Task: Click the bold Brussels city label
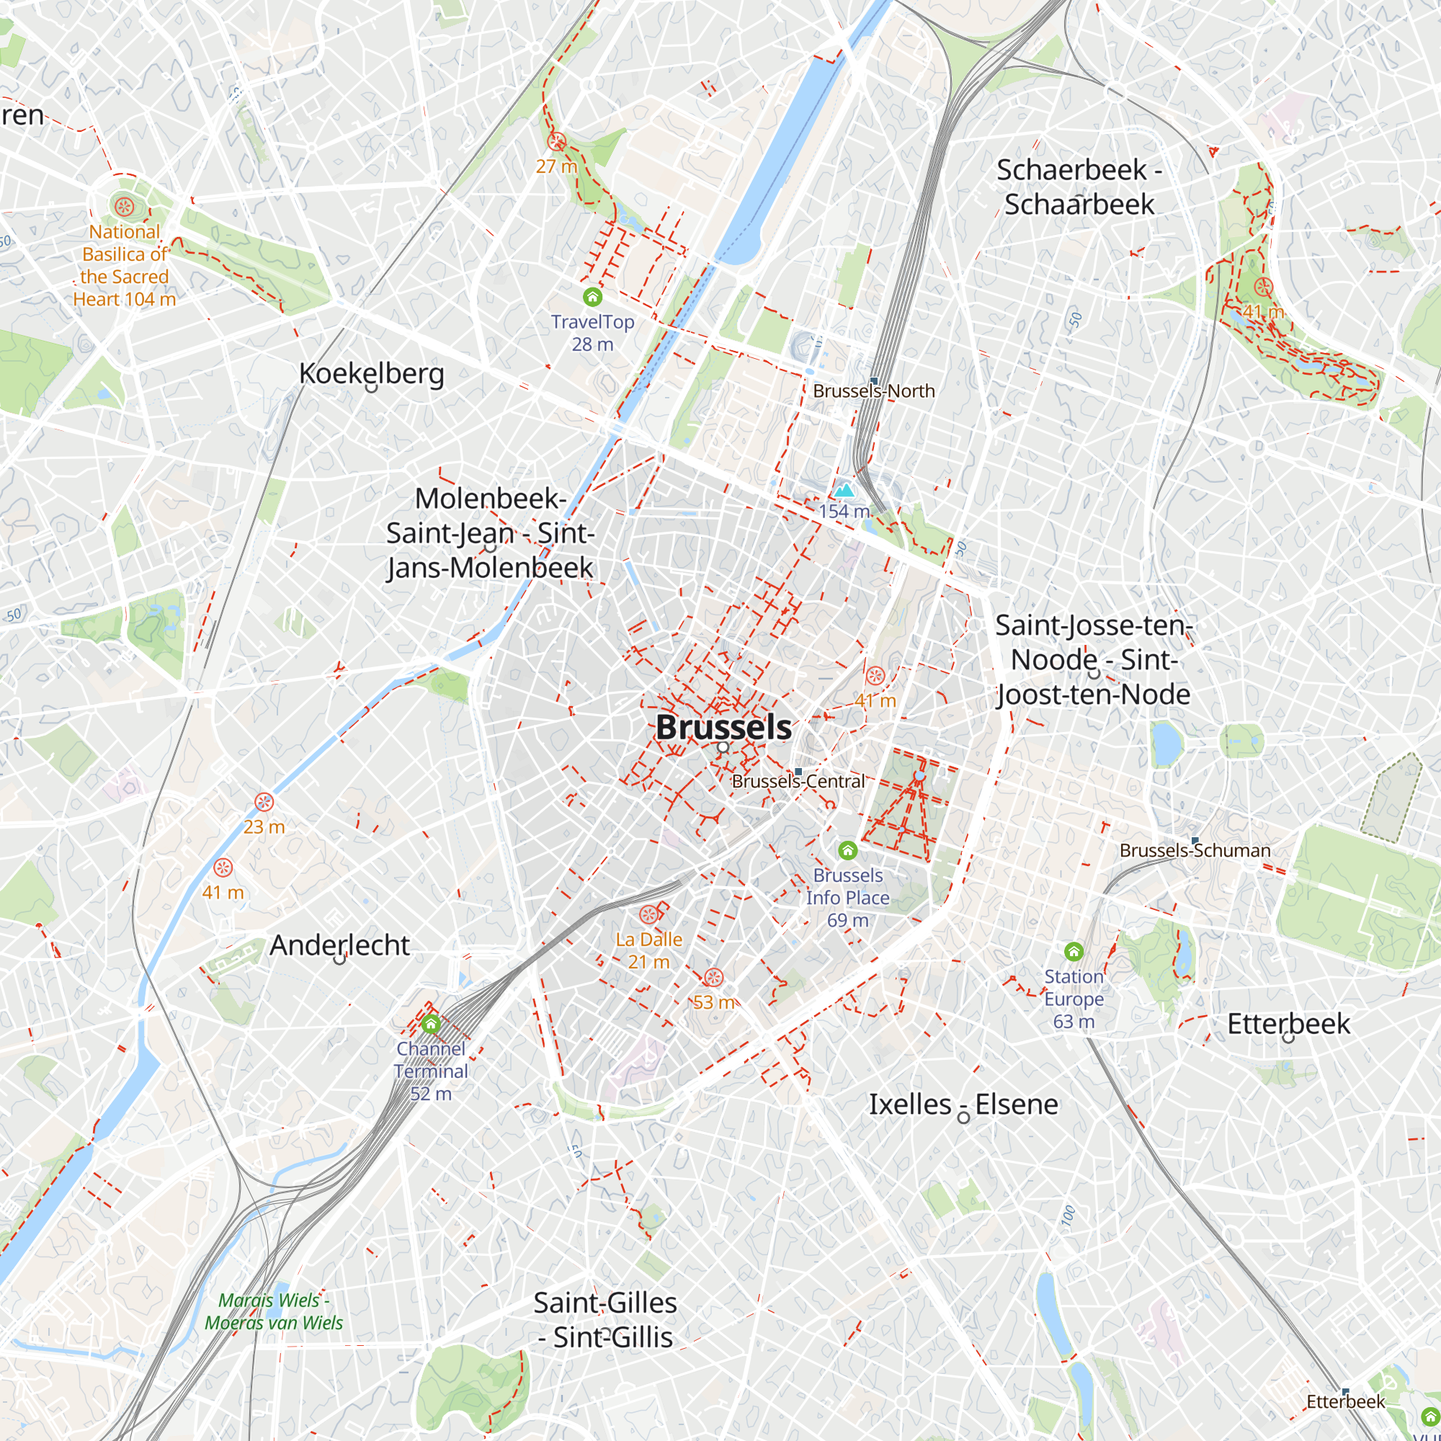723,728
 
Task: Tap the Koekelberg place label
372,373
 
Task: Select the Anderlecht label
339,945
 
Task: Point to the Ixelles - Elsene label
963,1104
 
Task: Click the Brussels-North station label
873,391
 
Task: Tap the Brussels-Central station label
798,781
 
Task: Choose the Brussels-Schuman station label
1195,850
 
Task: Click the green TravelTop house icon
592,298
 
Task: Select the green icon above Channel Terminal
430,1024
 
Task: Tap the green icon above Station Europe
1074,952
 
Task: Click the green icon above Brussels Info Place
847,850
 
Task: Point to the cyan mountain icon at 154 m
844,490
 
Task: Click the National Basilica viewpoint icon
123,205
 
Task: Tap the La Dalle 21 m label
648,950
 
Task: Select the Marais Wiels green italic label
274,1311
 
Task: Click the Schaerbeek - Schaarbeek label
1079,187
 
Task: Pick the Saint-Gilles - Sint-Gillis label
605,1320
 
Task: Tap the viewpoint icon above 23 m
264,803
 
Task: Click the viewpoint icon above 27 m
556,141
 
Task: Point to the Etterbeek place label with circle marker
1288,1024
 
